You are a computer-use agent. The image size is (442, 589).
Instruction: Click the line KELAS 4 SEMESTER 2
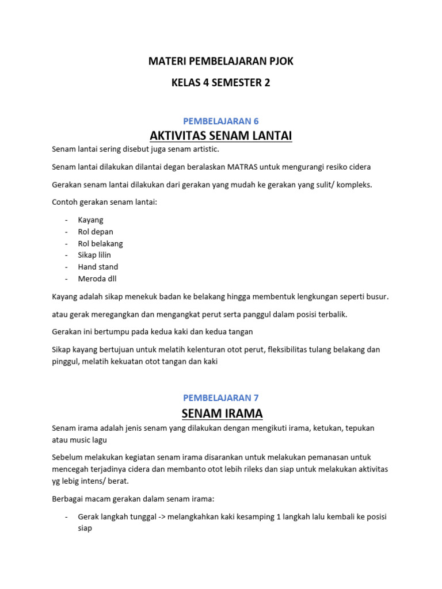coord(221,83)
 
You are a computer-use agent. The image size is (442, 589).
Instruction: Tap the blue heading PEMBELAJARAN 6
coord(221,121)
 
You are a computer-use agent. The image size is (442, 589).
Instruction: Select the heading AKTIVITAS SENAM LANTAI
coord(221,136)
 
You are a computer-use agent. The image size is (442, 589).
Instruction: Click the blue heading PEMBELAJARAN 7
coord(221,397)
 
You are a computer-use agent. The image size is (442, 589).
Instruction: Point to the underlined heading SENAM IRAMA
coord(221,413)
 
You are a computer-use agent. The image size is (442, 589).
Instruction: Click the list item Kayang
coord(90,220)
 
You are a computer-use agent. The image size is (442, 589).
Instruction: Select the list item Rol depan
coord(96,232)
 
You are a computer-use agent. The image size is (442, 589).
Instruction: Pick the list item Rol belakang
coord(100,243)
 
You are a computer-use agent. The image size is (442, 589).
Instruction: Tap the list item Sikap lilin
coord(94,255)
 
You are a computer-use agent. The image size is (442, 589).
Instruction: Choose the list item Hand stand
coord(98,267)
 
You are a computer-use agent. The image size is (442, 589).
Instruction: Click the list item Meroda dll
coord(97,278)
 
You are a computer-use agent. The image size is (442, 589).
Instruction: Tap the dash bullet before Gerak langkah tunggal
coord(67,517)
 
